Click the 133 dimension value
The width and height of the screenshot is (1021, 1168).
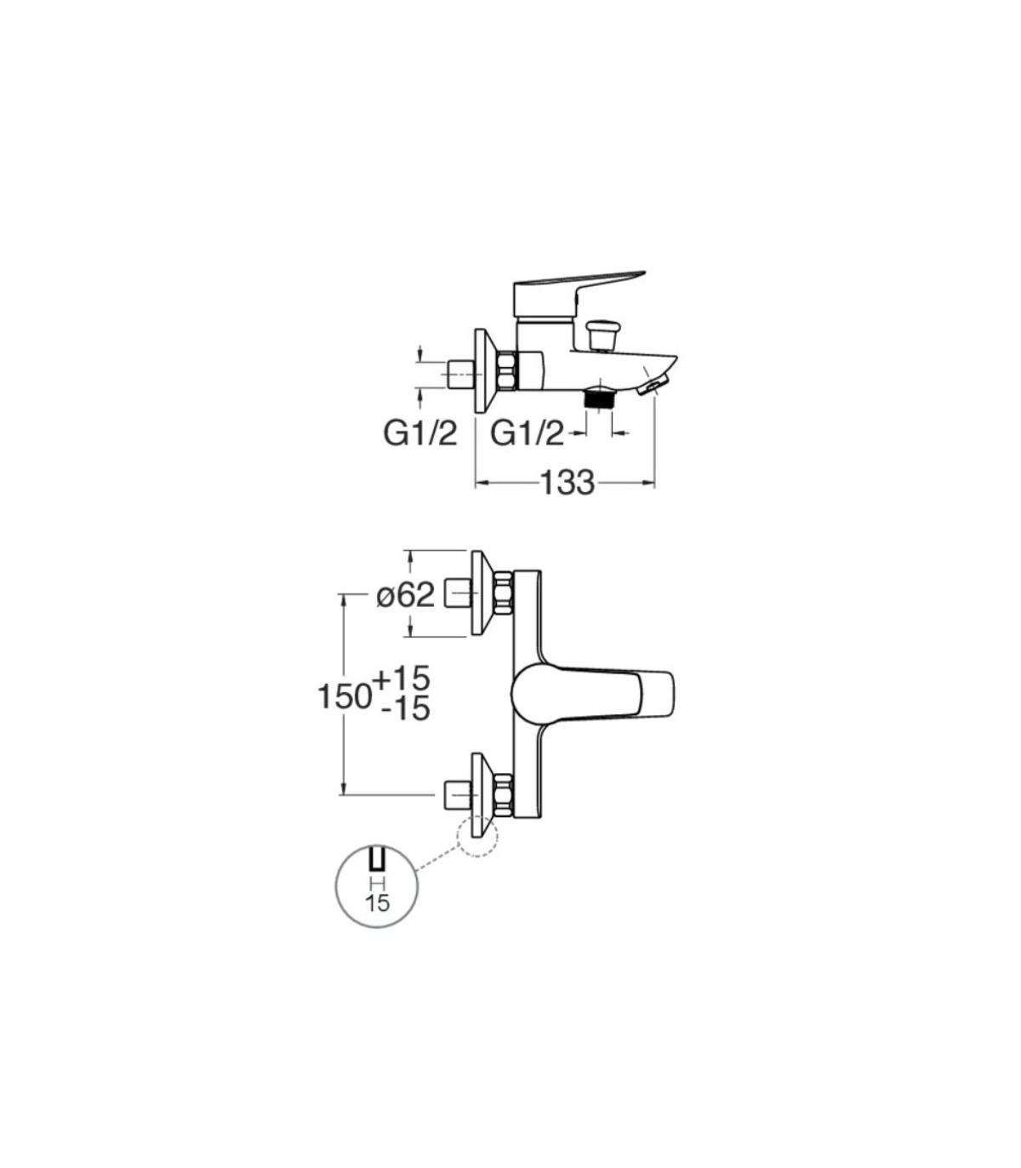pos(567,483)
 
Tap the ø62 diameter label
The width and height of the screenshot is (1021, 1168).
pos(406,597)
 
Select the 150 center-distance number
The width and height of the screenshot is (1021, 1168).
pos(344,696)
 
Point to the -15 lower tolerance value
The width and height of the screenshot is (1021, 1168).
pos(406,709)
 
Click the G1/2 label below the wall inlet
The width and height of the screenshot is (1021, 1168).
pos(420,434)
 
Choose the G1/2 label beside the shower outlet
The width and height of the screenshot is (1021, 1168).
pos(528,434)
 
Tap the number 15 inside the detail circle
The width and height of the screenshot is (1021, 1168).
pos(377,903)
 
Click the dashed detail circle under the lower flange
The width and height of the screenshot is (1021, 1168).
pos(477,837)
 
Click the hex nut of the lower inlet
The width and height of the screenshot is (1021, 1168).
pos(505,794)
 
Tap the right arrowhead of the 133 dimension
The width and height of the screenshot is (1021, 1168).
pos(648,483)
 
